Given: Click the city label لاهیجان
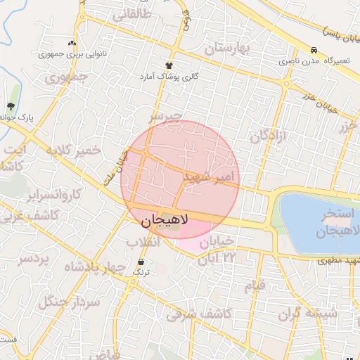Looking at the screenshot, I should (165, 220).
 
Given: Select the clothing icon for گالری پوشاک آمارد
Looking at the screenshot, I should (169, 65).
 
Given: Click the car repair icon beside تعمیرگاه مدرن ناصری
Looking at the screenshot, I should (313, 51).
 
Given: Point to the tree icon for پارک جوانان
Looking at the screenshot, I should (11, 106).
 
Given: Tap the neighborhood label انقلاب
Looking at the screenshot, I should (143, 243).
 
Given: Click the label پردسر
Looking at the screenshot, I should (34, 259).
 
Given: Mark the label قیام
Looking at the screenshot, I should (255, 286).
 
